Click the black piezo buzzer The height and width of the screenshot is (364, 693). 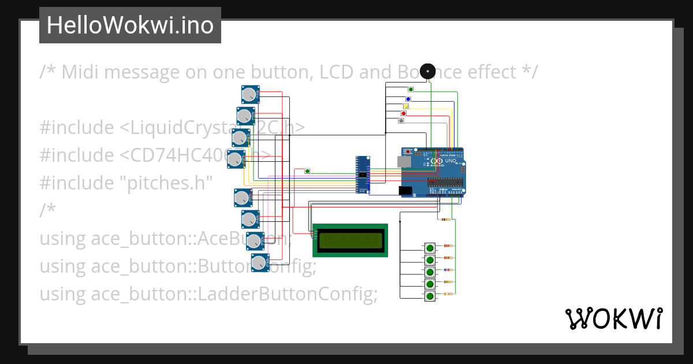pyautogui.click(x=427, y=71)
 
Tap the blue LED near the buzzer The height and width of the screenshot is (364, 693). pyautogui.click(x=408, y=99)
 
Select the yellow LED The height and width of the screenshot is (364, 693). pyautogui.click(x=406, y=106)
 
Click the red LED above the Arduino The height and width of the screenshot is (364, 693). pyautogui.click(x=403, y=113)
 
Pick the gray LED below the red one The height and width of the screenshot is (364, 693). pyautogui.click(x=401, y=121)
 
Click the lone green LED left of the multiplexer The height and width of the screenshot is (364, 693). pyautogui.click(x=307, y=171)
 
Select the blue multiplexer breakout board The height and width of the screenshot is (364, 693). pyautogui.click(x=362, y=174)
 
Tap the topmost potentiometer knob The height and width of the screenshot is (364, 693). pyautogui.click(x=249, y=94)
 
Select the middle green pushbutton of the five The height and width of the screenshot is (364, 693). pyautogui.click(x=430, y=272)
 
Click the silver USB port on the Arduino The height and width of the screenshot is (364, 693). pyautogui.click(x=404, y=162)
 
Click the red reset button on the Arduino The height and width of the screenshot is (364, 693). pyautogui.click(x=409, y=151)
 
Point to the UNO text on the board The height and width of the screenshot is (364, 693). pyautogui.click(x=450, y=161)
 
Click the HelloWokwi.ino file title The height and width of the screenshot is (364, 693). pyautogui.click(x=130, y=25)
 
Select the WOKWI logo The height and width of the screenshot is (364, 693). pyautogui.click(x=613, y=319)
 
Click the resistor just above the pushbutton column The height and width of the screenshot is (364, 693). pyautogui.click(x=445, y=220)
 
